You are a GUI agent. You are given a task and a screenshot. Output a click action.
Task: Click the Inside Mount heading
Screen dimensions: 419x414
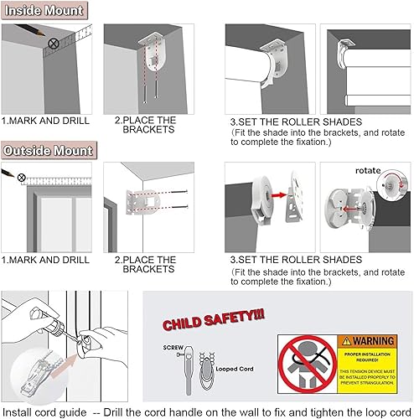click(x=44, y=11)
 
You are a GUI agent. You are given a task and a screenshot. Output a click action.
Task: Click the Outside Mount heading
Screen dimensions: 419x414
click(x=48, y=151)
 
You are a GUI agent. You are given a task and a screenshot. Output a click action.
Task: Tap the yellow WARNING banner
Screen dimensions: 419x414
click(x=368, y=341)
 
